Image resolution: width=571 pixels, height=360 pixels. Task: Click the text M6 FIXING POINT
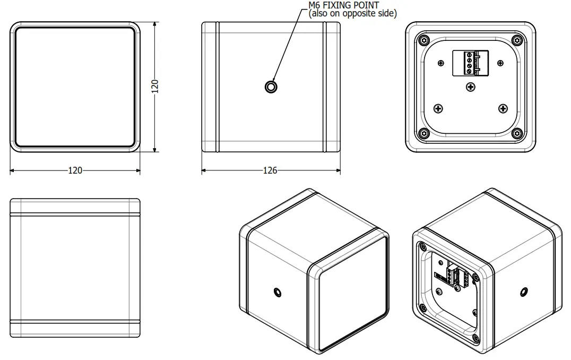[343, 5]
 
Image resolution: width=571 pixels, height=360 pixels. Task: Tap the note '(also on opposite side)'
[352, 14]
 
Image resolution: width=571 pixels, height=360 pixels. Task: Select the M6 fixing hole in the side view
[271, 87]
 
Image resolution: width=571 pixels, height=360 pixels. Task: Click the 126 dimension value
[270, 170]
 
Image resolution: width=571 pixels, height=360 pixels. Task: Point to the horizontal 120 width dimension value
[75, 170]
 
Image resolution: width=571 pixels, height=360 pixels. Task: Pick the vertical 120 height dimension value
[154, 87]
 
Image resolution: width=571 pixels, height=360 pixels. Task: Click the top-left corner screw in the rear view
[423, 40]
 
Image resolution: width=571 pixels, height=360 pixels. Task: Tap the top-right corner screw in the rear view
[517, 40]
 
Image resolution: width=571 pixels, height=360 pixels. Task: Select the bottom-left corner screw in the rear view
[423, 133]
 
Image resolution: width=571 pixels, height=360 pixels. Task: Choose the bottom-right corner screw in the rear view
[517, 133]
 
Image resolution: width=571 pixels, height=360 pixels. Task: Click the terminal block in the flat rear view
[470, 63]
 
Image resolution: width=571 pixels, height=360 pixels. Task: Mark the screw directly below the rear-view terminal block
[470, 87]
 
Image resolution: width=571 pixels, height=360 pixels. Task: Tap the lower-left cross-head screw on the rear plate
[438, 108]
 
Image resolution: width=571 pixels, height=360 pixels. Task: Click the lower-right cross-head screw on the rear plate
[503, 108]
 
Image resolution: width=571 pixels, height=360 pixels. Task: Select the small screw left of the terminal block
[441, 63]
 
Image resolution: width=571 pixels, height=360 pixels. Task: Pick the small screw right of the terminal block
[499, 63]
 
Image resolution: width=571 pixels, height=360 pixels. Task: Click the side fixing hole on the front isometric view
[277, 292]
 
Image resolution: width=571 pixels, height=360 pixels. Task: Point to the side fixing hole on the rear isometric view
[523, 291]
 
